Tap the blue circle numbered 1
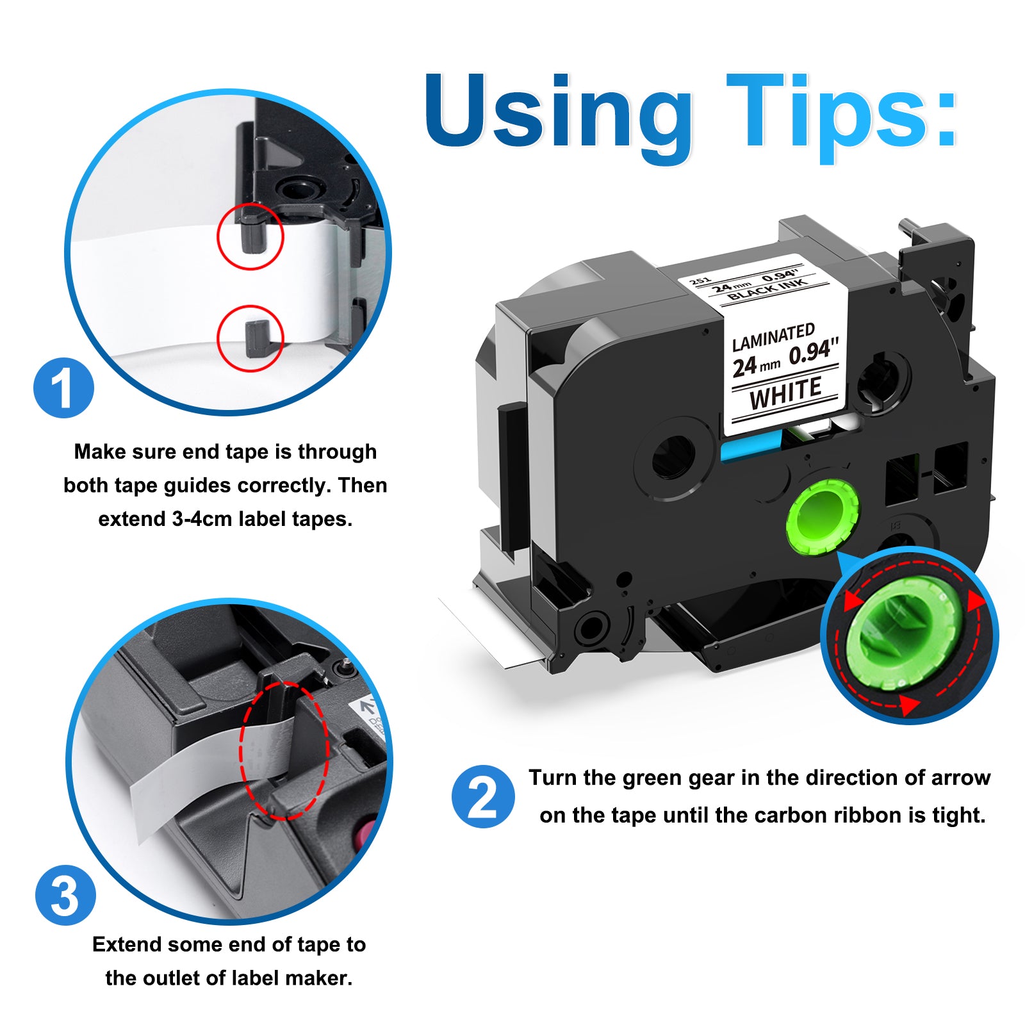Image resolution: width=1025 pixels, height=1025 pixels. point(63,388)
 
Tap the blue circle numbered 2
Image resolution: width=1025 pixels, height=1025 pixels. point(483,796)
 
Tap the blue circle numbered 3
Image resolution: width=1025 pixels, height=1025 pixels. point(65,894)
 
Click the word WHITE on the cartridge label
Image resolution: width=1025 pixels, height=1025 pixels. point(785,393)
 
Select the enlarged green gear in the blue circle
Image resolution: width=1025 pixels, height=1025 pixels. point(903,634)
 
